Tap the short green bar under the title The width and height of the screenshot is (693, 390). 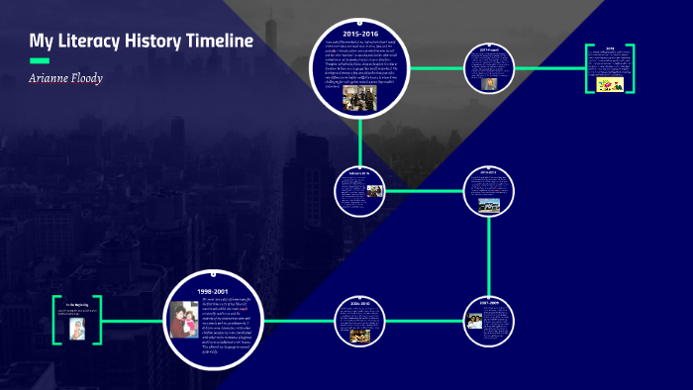(x=40, y=60)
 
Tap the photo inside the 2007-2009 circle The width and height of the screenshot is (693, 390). (x=474, y=321)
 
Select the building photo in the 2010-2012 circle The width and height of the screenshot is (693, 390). (x=488, y=205)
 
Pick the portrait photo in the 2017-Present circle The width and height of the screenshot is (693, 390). (x=490, y=84)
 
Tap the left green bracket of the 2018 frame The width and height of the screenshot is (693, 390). (x=587, y=68)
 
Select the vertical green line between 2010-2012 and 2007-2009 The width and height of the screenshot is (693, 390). (x=490, y=257)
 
